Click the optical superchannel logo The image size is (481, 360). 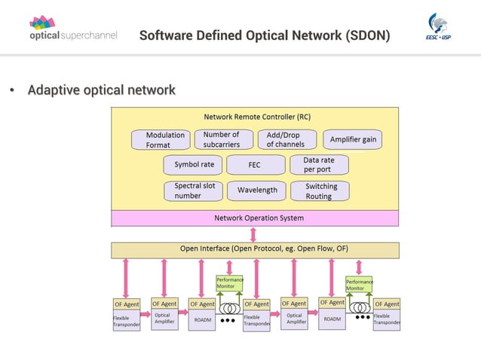point(73,28)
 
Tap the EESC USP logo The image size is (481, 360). point(440,28)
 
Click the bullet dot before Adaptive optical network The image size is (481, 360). point(12,91)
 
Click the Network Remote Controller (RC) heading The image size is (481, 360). point(256,117)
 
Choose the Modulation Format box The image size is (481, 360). point(160,140)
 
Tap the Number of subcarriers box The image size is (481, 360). point(223,139)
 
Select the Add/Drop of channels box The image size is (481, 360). point(286,139)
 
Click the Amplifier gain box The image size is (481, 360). point(352,140)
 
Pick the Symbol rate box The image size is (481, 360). point(194,164)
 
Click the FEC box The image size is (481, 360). point(254,165)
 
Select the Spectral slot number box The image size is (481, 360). point(194,191)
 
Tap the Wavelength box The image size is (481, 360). point(257,191)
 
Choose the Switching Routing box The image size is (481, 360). point(320,191)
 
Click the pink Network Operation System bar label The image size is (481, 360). point(259,218)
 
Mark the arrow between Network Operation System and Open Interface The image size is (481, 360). point(253,234)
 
